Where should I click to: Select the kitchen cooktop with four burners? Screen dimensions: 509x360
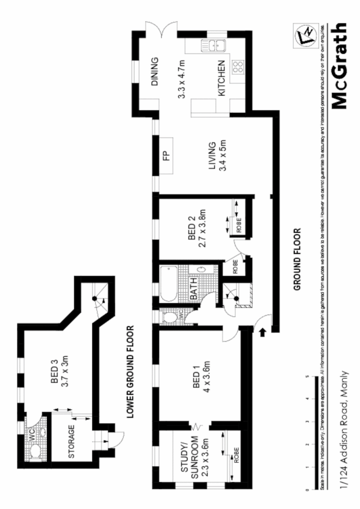click(238, 67)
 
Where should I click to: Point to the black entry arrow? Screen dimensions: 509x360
click(262, 332)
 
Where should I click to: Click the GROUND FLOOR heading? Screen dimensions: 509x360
click(299, 259)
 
